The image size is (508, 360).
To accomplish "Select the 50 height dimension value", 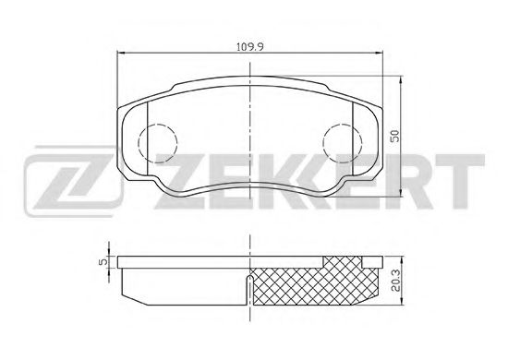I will point(394,136).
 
